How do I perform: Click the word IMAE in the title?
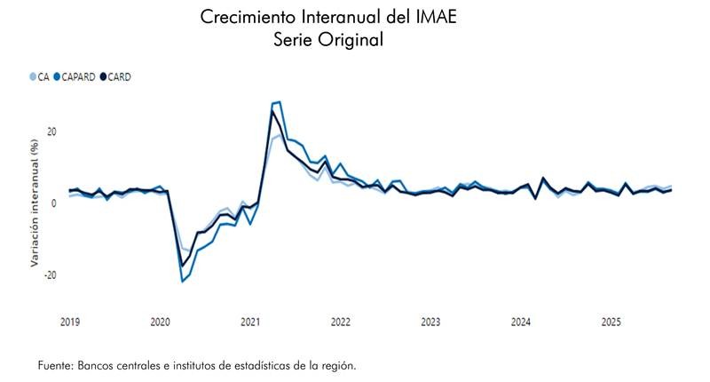pos(434,17)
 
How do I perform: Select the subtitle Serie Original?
pos(329,40)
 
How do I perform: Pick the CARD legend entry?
pos(117,77)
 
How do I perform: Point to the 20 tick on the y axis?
pos(51,131)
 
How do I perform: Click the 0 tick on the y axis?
pos(53,203)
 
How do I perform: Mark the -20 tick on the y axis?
pos(49,275)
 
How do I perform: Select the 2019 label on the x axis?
pos(70,321)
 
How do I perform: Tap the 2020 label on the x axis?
pos(160,321)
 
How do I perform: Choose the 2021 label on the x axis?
pos(250,321)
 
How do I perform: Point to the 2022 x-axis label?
pos(341,321)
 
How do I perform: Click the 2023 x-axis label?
pos(430,321)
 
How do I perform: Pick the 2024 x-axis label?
pos(521,321)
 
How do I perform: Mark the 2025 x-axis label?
pos(611,321)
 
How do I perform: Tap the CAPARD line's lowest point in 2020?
pos(182,282)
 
